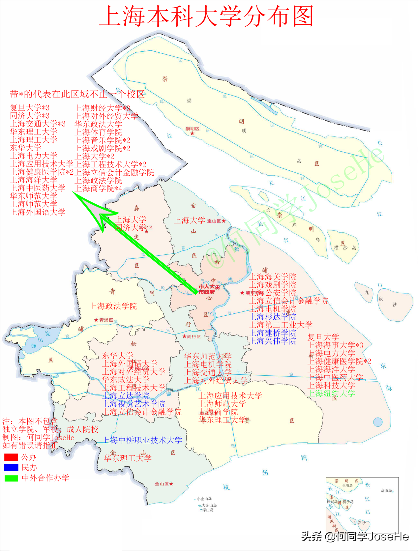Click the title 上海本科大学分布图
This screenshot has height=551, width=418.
[x=206, y=16]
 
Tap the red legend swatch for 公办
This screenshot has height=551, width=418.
[x=11, y=457]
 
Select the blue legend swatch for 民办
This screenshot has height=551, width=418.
[x=11, y=467]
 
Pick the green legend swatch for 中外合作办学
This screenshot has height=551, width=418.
[x=11, y=478]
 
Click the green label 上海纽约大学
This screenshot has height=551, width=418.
[x=331, y=393]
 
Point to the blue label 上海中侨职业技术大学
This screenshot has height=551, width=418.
[x=142, y=440]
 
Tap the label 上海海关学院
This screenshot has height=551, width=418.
[x=273, y=277]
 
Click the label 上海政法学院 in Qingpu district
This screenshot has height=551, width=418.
[x=113, y=306]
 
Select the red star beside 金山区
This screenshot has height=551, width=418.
[x=171, y=484]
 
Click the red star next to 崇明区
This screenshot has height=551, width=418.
[x=192, y=133]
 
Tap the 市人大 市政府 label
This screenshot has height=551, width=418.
[x=207, y=289]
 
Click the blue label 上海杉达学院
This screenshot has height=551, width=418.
[x=273, y=317]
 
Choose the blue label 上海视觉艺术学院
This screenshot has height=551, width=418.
[x=134, y=404]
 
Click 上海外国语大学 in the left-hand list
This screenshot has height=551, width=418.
[x=38, y=212]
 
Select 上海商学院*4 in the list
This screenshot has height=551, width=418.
[x=98, y=188]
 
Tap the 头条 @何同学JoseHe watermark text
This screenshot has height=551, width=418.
[x=355, y=536]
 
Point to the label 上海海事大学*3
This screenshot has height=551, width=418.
[x=335, y=345]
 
